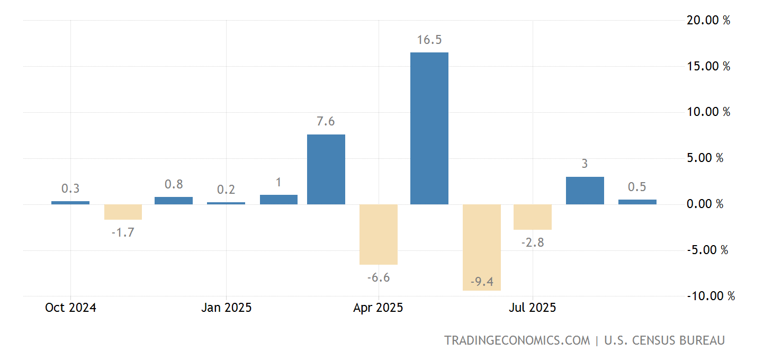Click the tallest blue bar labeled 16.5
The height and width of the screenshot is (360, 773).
(x=429, y=128)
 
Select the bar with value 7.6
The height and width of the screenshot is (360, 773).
(x=326, y=169)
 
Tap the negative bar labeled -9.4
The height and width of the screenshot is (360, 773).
(x=481, y=247)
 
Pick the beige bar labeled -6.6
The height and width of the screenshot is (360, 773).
(x=378, y=234)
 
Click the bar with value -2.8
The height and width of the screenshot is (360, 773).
(x=533, y=217)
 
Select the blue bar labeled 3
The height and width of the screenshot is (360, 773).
(x=585, y=191)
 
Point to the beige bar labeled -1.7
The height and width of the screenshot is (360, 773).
(x=123, y=212)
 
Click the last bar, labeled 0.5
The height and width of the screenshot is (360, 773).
(x=637, y=202)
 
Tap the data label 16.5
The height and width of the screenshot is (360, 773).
(x=429, y=40)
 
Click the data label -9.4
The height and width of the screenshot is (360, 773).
(x=481, y=282)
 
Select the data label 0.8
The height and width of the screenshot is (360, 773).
(x=174, y=185)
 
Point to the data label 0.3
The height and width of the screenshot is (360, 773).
(x=70, y=188)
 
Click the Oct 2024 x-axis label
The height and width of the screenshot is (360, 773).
(x=70, y=308)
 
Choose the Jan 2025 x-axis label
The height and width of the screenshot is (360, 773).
(x=226, y=308)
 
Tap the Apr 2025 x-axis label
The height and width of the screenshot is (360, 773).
(x=378, y=308)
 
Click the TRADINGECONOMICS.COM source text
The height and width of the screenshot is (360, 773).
(x=517, y=340)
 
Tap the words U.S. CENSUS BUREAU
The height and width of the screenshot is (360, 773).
(x=664, y=340)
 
